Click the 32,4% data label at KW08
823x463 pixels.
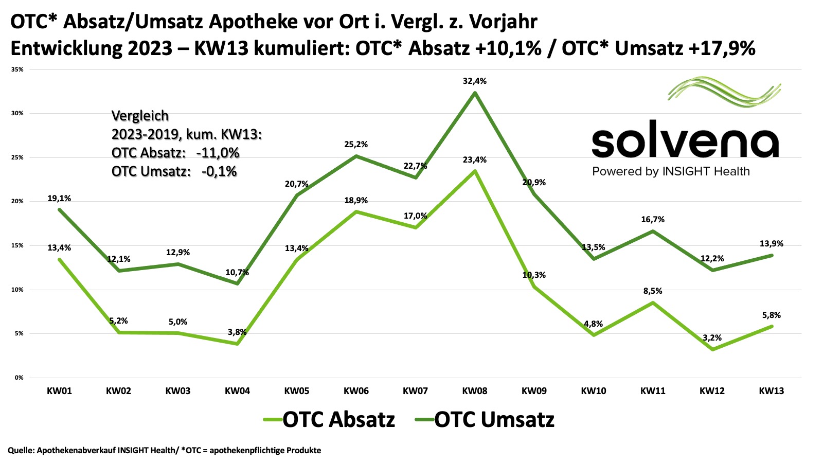coord(475,81)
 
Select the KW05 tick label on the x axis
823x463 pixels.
coord(297,391)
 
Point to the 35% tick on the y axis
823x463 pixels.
coord(19,69)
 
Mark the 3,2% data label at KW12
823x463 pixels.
coord(712,338)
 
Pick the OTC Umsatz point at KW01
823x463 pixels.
coord(60,209)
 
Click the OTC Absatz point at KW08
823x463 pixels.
coord(475,171)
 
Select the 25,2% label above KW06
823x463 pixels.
coord(356,145)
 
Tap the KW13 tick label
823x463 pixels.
coord(772,391)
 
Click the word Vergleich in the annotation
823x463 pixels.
coord(140,116)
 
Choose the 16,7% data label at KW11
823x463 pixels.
coord(653,220)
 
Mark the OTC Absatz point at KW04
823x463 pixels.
coord(237,344)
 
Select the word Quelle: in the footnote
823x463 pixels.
coord(21,451)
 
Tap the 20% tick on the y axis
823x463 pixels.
coord(19,202)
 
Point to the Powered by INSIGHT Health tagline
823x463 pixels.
coord(671,172)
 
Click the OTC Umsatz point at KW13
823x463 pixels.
coord(772,255)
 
